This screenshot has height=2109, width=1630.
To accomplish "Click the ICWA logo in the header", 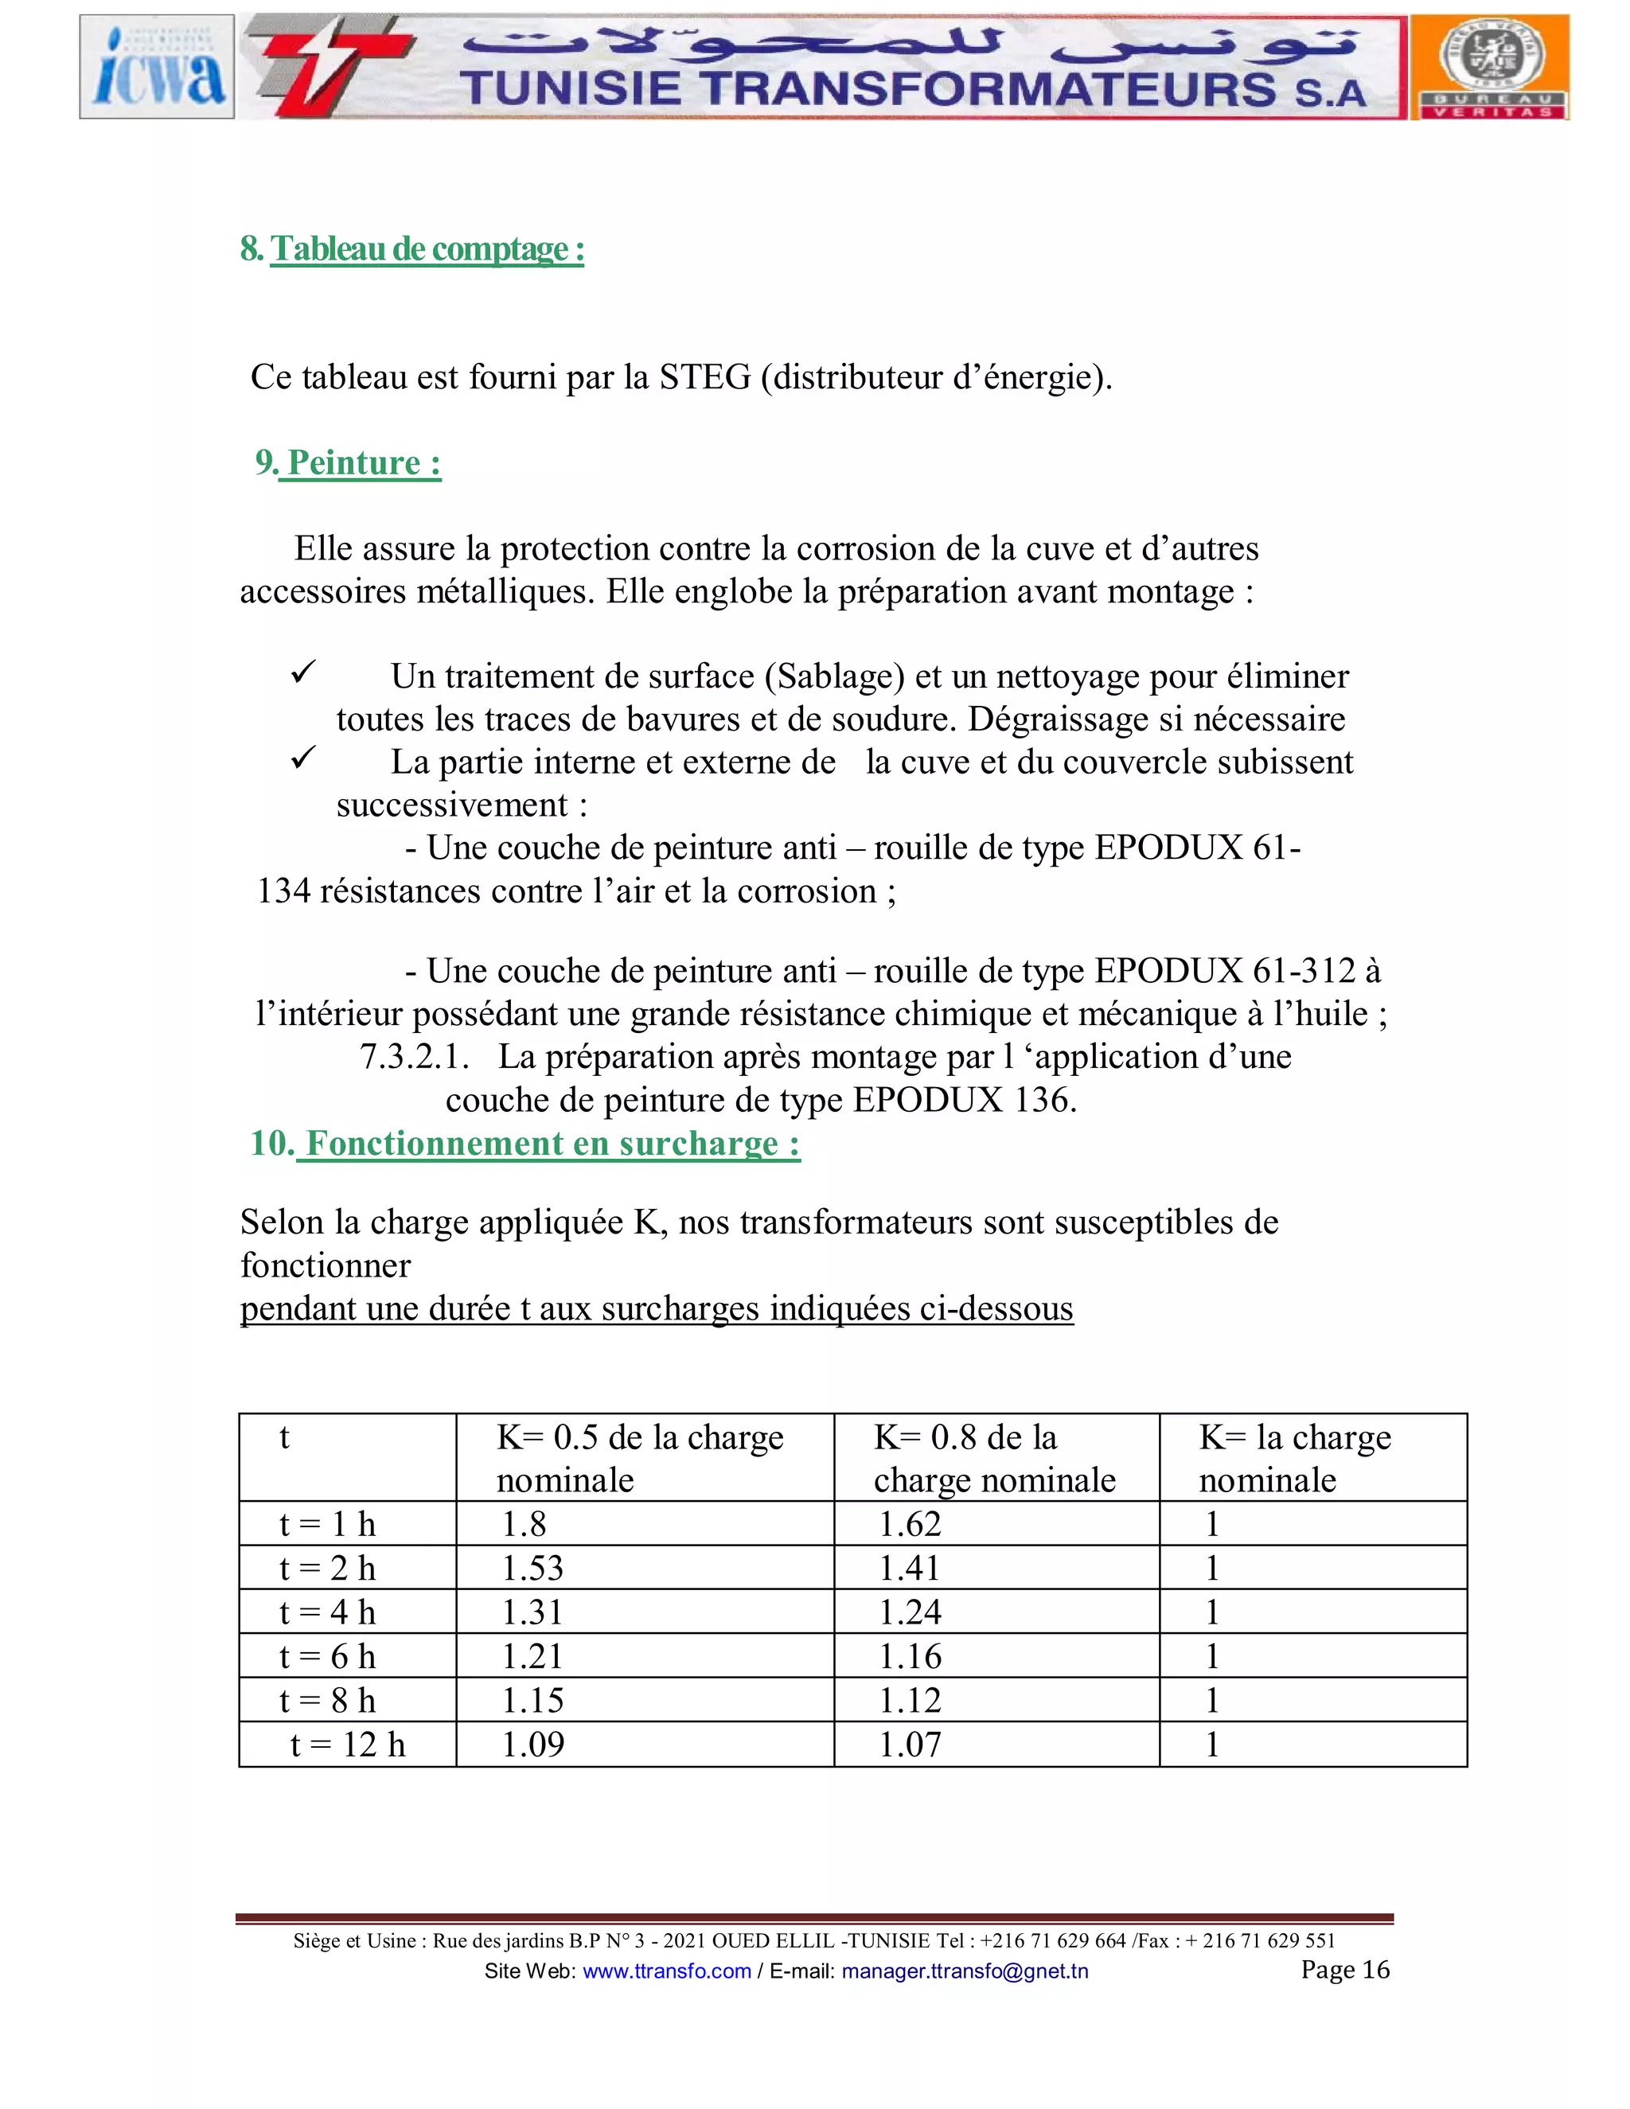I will (x=157, y=67).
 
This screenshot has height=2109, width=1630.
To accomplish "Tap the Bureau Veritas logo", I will (x=1489, y=67).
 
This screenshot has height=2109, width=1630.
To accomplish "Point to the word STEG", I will (x=704, y=376).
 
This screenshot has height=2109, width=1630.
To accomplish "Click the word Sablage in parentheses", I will (x=835, y=676).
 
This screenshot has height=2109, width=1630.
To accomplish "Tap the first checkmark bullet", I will (x=303, y=673).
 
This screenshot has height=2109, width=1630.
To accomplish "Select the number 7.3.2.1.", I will (x=414, y=1056).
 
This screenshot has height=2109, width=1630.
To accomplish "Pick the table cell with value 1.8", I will (x=524, y=1524).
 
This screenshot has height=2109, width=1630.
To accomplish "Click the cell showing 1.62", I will (x=909, y=1524).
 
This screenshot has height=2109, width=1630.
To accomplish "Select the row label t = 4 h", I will (x=327, y=1612).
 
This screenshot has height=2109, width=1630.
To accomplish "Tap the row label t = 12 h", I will (x=348, y=1744).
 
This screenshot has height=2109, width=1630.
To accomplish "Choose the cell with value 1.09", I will (x=532, y=1744).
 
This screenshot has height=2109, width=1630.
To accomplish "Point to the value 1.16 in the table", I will (x=909, y=1656).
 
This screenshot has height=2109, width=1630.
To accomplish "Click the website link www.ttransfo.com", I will (x=666, y=1971).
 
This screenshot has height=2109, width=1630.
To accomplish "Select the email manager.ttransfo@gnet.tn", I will (x=964, y=1971).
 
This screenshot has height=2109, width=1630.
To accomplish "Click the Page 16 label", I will (x=1344, y=1969).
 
